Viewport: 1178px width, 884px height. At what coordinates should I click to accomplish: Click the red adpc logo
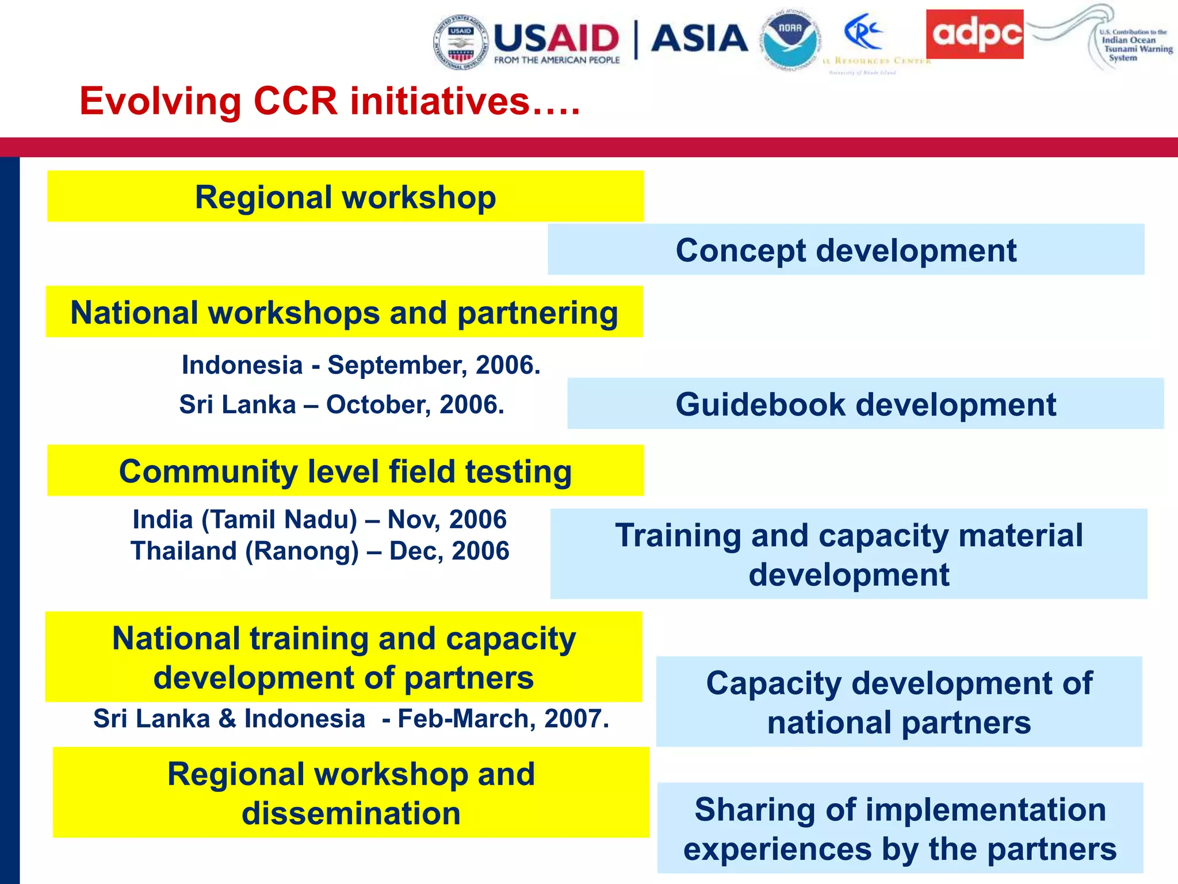coord(974,34)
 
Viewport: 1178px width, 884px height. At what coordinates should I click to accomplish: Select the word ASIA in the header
coord(699,39)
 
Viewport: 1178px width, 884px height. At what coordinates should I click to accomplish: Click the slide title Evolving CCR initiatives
coord(330,101)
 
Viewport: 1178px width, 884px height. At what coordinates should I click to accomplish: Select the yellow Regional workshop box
coord(345,197)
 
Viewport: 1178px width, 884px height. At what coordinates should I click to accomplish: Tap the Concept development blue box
coord(846,250)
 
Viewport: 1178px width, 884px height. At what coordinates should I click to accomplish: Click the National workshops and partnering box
coord(344,312)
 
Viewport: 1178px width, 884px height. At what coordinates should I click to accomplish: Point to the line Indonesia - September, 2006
coord(361,365)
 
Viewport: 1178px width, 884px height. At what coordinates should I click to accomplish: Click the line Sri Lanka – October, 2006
coord(342,404)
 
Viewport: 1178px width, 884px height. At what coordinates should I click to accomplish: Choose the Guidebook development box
coord(865,404)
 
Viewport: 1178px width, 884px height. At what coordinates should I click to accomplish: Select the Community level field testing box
coord(345,471)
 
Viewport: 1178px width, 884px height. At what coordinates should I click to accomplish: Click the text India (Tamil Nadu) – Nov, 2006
coord(319,519)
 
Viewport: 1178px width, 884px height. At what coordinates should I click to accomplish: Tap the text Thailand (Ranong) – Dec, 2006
coord(319,551)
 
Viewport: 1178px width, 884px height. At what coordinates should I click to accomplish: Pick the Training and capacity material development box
coord(848,554)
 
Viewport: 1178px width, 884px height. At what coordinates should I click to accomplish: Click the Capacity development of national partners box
coord(898,702)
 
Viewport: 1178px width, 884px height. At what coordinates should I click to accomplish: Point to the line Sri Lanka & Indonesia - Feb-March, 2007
coord(351,718)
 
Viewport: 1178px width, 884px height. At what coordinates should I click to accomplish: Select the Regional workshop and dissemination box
coord(351,792)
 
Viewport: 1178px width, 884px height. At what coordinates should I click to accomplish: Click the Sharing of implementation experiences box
coord(900,828)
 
